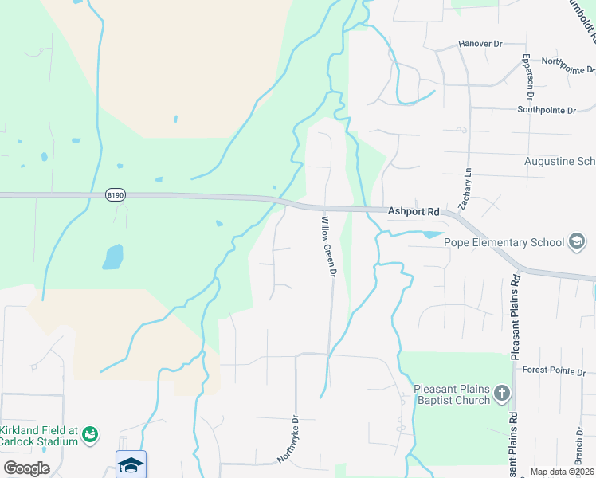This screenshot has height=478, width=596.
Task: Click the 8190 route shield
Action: tap(116, 195)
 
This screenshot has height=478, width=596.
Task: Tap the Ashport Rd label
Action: tap(414, 212)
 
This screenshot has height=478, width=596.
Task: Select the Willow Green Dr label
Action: tap(329, 246)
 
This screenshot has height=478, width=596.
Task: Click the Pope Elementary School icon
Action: tap(576, 241)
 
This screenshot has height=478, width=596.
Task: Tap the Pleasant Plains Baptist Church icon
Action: tap(502, 392)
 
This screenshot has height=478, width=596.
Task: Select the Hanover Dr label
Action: tap(481, 43)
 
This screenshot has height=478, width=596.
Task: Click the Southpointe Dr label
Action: tap(546, 110)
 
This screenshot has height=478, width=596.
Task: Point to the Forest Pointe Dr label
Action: tap(553, 370)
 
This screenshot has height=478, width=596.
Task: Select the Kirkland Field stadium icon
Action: tap(91, 433)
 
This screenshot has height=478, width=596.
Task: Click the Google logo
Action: tap(26, 468)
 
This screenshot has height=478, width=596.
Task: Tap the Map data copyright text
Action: tap(560, 472)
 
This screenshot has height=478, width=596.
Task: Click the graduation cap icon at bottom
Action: tap(131, 464)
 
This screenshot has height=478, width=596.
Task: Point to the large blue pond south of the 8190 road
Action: tap(113, 257)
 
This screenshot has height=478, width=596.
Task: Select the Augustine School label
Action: tap(559, 161)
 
